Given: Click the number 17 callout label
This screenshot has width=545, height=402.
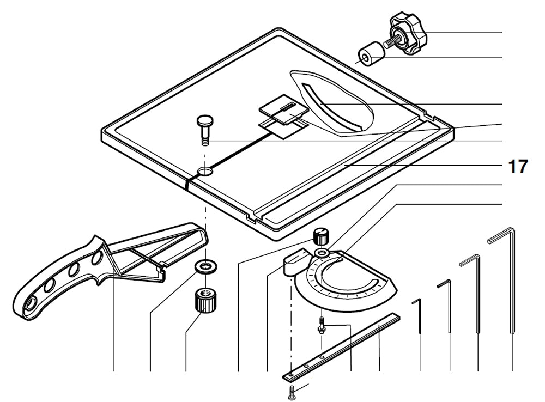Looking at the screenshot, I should point(518,167).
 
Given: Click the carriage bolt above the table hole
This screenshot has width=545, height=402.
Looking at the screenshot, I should point(205,129).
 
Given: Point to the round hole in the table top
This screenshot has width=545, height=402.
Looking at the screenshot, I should point(205,172).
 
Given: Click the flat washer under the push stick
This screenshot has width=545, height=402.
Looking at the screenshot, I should point(207,266).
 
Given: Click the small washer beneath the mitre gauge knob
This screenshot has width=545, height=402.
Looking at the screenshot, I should point(322,253).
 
